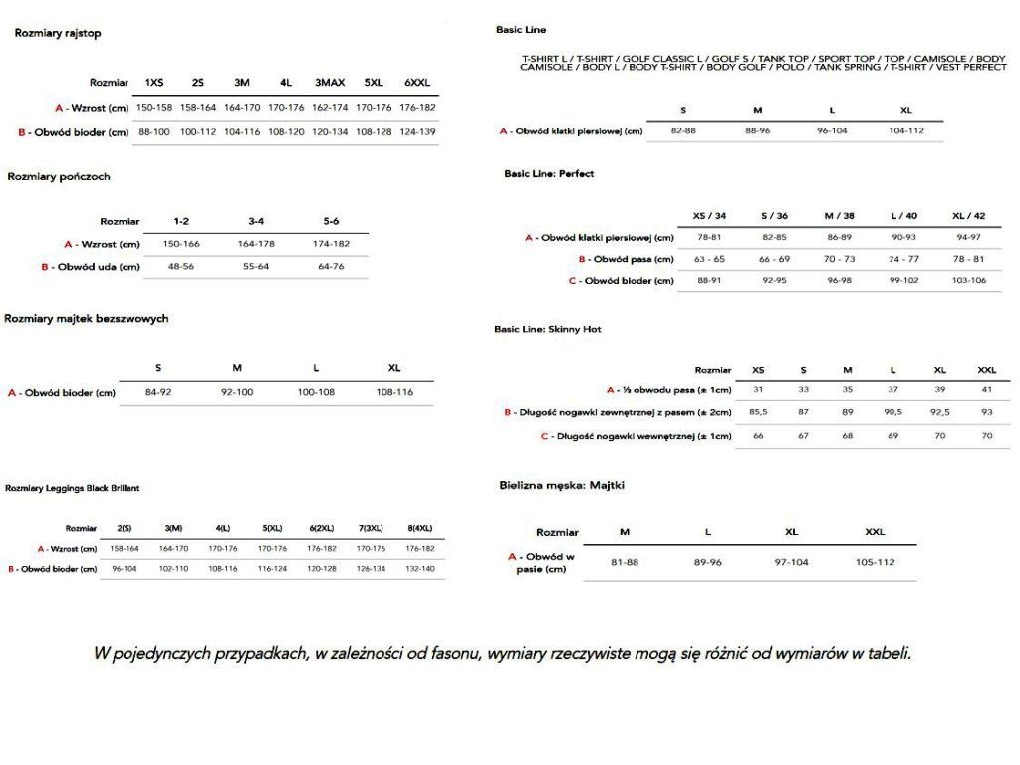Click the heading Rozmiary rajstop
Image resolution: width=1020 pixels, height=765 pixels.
click(58, 33)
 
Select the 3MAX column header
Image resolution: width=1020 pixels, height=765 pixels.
click(331, 83)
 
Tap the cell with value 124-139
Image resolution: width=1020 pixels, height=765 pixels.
click(418, 131)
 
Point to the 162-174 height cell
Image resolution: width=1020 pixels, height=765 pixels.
click(331, 107)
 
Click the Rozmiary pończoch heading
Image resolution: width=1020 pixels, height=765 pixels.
click(59, 176)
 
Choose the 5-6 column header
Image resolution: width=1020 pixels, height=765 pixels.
click(332, 221)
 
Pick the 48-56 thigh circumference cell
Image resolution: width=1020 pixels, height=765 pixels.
click(181, 267)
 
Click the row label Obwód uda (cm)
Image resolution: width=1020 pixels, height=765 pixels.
click(96, 267)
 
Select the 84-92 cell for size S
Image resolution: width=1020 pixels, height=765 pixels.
click(158, 392)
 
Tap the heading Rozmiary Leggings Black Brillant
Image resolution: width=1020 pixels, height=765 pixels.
click(73, 488)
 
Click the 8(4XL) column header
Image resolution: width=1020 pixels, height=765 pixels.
click(420, 528)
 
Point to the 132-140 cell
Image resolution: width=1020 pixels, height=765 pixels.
click(420, 569)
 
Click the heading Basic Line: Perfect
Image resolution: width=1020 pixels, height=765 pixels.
click(549, 173)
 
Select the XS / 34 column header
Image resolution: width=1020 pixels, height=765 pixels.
click(710, 216)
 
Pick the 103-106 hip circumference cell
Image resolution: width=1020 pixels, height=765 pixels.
click(969, 281)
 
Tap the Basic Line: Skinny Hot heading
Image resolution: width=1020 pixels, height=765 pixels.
click(548, 328)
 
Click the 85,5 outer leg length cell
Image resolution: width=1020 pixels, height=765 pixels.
click(759, 412)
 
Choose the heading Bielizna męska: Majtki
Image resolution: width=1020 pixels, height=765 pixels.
click(562, 485)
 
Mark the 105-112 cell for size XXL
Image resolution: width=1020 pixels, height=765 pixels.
click(876, 562)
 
